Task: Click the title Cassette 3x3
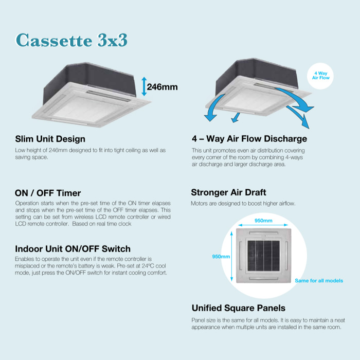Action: pyautogui.click(x=71, y=41)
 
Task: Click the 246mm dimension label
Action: pyautogui.click(x=162, y=87)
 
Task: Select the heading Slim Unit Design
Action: pyautogui.click(x=50, y=139)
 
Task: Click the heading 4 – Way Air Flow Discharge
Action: pyautogui.click(x=249, y=139)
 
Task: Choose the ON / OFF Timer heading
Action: pyautogui.click(x=48, y=193)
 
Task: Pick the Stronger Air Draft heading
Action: pyautogui.click(x=228, y=193)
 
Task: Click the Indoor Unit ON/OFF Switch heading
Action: pyautogui.click(x=73, y=249)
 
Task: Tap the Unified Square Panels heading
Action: pyautogui.click(x=238, y=308)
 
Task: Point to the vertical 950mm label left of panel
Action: pyautogui.click(x=221, y=257)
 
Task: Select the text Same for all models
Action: pyautogui.click(x=318, y=281)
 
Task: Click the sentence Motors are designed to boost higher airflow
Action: pyautogui.click(x=243, y=204)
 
